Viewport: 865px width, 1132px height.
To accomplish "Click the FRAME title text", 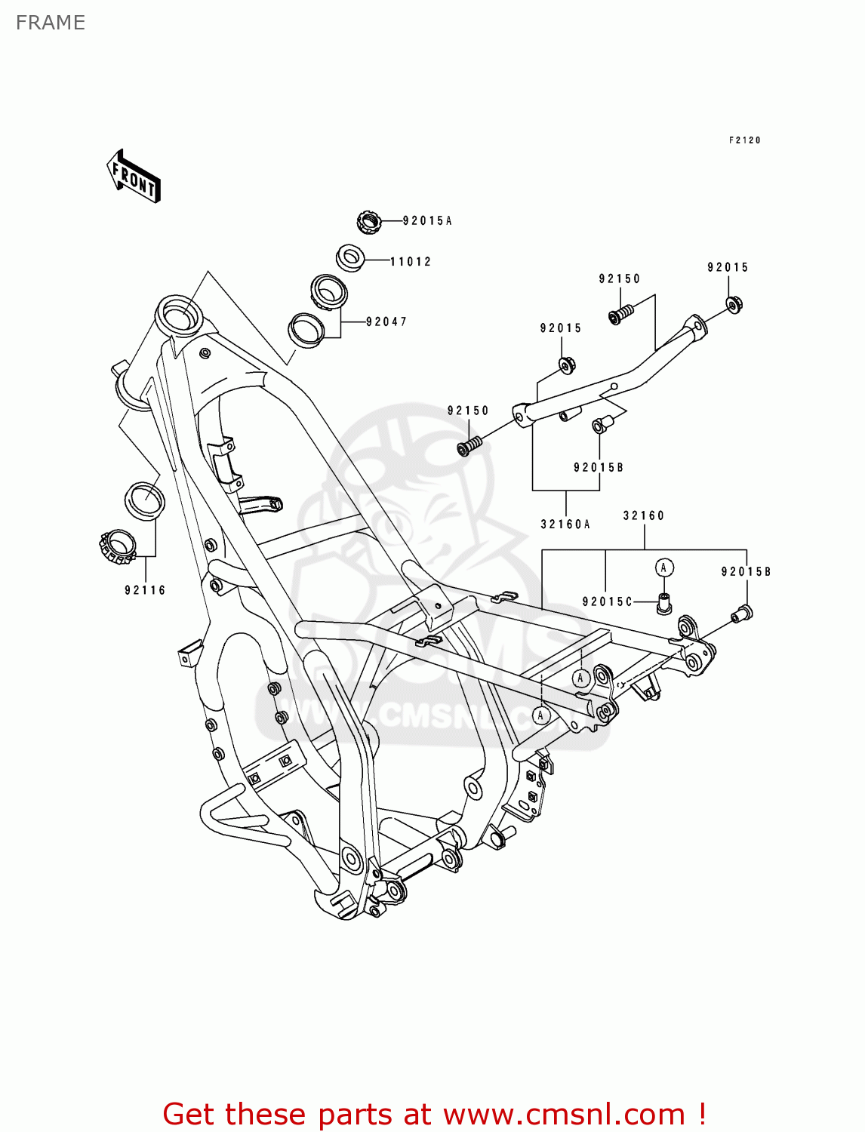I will (51, 23).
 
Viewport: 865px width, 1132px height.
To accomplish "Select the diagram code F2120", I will (744, 140).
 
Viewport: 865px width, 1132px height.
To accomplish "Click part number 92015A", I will (427, 221).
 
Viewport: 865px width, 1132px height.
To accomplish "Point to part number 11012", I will (411, 262).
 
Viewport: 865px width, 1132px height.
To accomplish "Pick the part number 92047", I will (386, 322).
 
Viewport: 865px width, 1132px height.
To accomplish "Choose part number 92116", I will (145, 591).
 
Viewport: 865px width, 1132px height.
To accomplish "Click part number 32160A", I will (565, 524).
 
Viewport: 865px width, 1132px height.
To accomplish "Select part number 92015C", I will (607, 602).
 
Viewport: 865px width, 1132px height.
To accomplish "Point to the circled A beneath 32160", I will (663, 568).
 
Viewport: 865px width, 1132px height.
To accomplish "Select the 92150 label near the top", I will (620, 279).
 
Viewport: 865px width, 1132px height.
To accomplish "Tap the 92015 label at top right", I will (728, 268).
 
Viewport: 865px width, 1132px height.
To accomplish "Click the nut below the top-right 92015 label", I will (733, 304).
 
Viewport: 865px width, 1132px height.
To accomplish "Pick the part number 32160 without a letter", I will (644, 516).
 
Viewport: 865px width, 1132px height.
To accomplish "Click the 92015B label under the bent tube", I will (599, 468).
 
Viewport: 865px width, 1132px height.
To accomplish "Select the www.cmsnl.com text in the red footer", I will (564, 1115).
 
